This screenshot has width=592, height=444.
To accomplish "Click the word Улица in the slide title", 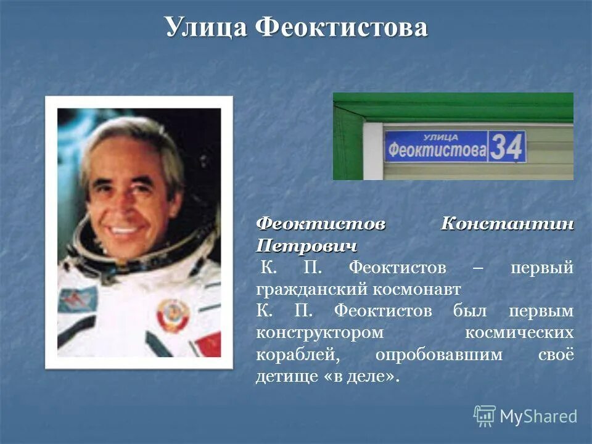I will click(x=205, y=28).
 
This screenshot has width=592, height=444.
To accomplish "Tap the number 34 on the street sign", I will click(x=507, y=147).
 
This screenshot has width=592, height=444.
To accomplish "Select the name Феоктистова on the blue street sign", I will click(x=436, y=150).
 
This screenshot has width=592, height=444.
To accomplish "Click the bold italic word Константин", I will click(x=507, y=224).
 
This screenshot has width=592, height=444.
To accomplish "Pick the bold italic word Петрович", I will click(x=306, y=245).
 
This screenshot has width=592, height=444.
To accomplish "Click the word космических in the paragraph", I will click(x=519, y=332).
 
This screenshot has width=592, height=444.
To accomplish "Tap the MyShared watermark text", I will click(x=538, y=417).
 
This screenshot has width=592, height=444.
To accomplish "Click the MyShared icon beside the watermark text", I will click(x=484, y=416).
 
